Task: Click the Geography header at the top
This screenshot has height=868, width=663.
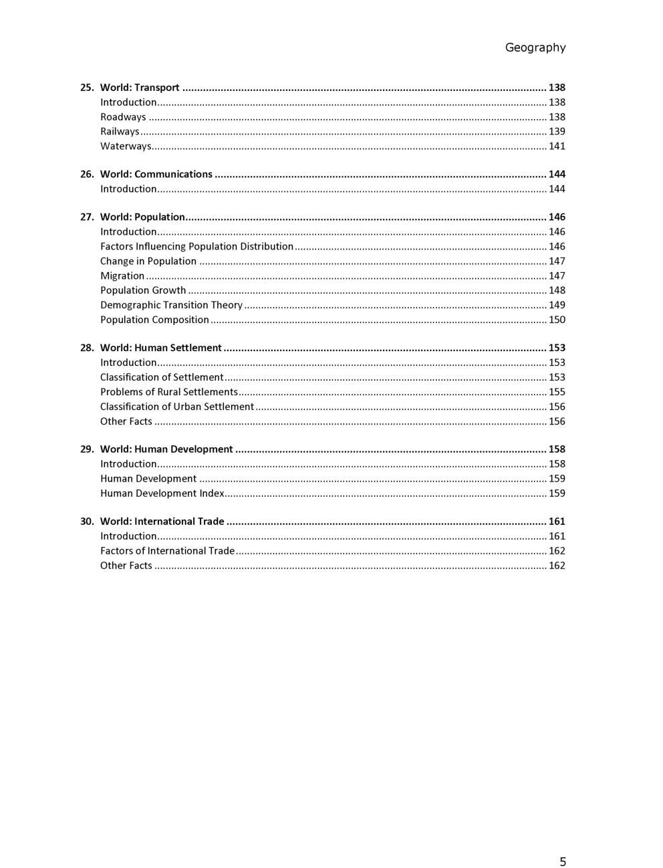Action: pyautogui.click(x=535, y=47)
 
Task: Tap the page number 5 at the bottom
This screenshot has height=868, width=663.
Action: pyautogui.click(x=563, y=861)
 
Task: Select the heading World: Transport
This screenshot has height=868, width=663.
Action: pyautogui.click(x=140, y=88)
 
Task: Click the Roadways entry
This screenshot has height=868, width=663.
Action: pyautogui.click(x=123, y=117)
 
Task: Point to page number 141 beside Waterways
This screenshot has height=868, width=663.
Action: pyautogui.click(x=557, y=146)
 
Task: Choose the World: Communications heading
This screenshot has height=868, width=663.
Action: pyautogui.click(x=156, y=175)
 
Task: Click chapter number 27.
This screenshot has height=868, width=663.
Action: pyautogui.click(x=87, y=217)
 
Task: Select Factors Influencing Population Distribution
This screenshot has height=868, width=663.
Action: pyautogui.click(x=196, y=247)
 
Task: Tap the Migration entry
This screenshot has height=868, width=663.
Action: pyautogui.click(x=122, y=276)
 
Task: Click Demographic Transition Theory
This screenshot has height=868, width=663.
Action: pyautogui.click(x=171, y=306)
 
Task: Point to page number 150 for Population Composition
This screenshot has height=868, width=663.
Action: pyautogui.click(x=557, y=320)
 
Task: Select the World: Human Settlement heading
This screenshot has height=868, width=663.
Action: pyautogui.click(x=160, y=348)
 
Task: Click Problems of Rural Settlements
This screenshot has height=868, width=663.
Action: pyautogui.click(x=169, y=393)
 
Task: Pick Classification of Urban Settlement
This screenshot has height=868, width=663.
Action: pyautogui.click(x=177, y=407)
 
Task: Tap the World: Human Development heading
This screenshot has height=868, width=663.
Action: pyautogui.click(x=166, y=449)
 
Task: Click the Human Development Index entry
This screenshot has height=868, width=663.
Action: pyautogui.click(x=162, y=494)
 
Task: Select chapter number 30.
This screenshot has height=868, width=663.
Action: pyautogui.click(x=87, y=522)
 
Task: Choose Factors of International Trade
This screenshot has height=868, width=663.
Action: pyautogui.click(x=167, y=551)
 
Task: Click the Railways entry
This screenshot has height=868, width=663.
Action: pyautogui.click(x=120, y=132)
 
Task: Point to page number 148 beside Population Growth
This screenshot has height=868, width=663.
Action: pyautogui.click(x=557, y=291)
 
